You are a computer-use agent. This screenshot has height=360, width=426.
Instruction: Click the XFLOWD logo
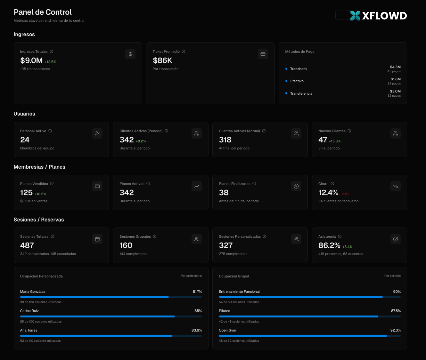378,16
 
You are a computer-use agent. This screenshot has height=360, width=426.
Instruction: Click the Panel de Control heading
43,12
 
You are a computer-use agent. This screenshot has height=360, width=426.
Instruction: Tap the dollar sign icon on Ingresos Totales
130,54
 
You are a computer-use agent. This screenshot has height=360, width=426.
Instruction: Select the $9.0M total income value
31,60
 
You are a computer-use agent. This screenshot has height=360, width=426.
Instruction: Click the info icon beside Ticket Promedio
184,52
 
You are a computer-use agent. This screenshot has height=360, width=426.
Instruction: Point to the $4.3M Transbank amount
395,67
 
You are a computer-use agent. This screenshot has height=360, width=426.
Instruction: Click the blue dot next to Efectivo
286,81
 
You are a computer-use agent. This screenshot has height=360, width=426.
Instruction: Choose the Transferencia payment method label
301,93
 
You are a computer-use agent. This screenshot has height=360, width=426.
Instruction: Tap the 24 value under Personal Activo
25,140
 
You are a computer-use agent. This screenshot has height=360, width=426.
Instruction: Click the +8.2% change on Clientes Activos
141,141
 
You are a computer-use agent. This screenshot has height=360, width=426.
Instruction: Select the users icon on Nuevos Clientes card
396,133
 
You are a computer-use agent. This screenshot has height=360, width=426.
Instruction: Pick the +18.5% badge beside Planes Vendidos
41,194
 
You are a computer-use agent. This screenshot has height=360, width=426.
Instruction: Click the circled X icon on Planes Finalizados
296,186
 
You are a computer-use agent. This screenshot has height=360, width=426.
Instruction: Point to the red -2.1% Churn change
345,194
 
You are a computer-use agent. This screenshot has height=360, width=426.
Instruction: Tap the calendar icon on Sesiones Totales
97,239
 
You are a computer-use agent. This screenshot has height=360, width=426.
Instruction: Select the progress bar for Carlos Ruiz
111,316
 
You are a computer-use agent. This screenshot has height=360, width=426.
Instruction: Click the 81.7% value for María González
197,292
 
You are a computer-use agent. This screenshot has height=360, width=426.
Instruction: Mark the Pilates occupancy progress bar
309,316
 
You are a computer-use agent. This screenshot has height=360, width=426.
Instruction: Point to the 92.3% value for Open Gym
395,330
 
